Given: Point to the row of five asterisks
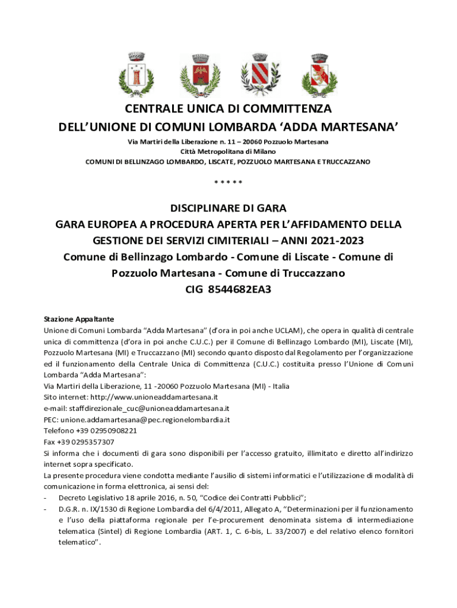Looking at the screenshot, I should tap(228, 182).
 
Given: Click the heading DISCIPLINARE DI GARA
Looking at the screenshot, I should tap(228, 208).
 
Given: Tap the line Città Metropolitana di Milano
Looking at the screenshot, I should tap(228, 151).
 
